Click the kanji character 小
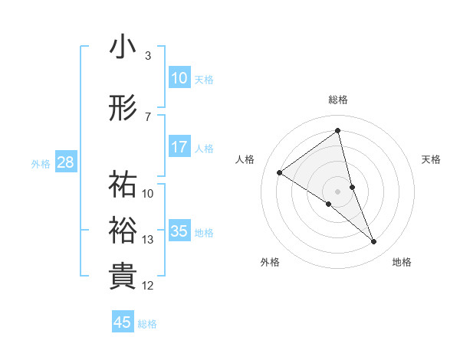pyautogui.click(x=123, y=47)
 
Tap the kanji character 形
pyautogui.click(x=123, y=108)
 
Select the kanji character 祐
pyautogui.click(x=123, y=185)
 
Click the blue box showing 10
pyautogui.click(x=179, y=78)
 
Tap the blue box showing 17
pyautogui.click(x=179, y=147)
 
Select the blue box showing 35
pyautogui.click(x=179, y=231)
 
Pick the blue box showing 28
pyautogui.click(x=66, y=162)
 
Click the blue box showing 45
pyautogui.click(x=123, y=322)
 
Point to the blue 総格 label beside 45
pyautogui.click(x=147, y=324)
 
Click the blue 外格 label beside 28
pyautogui.click(x=41, y=164)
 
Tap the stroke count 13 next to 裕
pyautogui.click(x=148, y=240)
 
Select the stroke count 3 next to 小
pyautogui.click(x=148, y=56)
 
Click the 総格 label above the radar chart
pyautogui.click(x=338, y=100)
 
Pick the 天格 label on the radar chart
pyautogui.click(x=432, y=159)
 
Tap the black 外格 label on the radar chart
pyautogui.click(x=270, y=262)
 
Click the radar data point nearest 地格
pyautogui.click(x=374, y=241)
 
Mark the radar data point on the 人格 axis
pyautogui.click(x=280, y=172)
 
